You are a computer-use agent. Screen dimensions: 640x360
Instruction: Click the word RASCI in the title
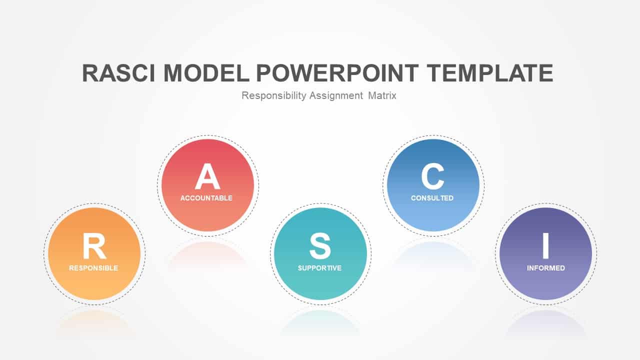click(119, 73)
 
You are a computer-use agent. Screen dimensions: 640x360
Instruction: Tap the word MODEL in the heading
click(206, 73)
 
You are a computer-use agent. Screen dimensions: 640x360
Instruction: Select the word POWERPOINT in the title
click(337, 73)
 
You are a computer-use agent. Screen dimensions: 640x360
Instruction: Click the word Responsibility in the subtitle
click(273, 95)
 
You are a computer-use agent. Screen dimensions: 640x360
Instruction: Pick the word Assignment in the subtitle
click(336, 95)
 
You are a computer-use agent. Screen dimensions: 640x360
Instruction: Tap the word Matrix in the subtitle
click(382, 95)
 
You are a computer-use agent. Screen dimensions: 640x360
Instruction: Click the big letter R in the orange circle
click(94, 245)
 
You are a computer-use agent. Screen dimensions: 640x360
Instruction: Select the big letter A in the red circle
click(207, 176)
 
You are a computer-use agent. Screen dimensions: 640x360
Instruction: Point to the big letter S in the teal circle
click(320, 245)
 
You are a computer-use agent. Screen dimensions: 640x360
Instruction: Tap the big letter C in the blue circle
click(432, 176)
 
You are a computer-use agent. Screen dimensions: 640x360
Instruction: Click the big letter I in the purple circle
click(545, 245)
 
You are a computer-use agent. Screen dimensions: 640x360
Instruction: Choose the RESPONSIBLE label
click(93, 268)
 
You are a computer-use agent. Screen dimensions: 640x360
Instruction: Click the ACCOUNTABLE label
click(206, 198)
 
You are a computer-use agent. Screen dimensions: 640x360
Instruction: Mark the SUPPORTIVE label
click(319, 268)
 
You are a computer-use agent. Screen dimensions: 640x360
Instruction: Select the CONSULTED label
click(432, 198)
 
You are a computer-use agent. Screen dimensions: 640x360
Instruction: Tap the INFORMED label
click(546, 268)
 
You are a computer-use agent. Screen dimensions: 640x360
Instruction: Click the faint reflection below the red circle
click(207, 254)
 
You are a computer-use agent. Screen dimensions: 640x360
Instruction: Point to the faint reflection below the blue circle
click(433, 254)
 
